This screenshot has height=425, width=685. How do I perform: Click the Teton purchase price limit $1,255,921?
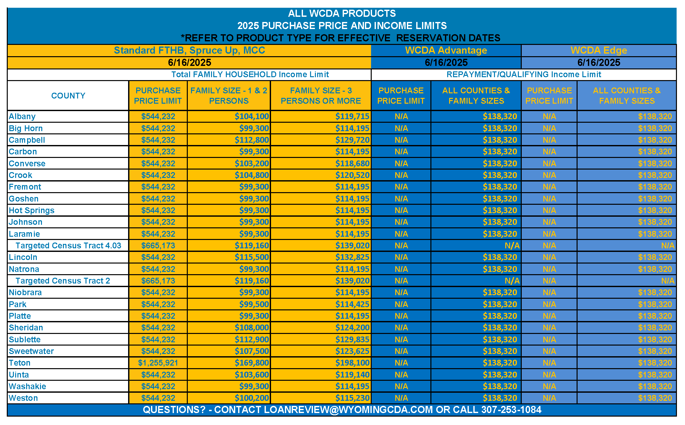click(158, 363)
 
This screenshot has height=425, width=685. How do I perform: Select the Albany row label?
click(22, 116)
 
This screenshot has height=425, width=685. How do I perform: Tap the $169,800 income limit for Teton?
click(252, 363)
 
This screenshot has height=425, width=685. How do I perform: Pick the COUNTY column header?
click(68, 96)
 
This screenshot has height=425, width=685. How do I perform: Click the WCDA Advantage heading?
click(446, 50)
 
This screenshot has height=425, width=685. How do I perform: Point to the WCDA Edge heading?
click(599, 50)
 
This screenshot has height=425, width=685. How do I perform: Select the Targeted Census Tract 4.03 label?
click(68, 245)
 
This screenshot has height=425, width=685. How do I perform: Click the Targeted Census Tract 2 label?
click(63, 281)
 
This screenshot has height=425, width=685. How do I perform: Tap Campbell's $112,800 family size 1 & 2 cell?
click(252, 140)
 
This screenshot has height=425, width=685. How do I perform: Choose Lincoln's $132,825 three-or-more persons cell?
click(352, 257)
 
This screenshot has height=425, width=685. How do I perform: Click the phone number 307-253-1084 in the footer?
click(511, 409)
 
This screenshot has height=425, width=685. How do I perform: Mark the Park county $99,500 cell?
click(254, 304)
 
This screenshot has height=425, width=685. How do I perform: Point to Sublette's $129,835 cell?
click(352, 339)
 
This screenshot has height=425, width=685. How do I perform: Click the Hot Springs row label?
click(32, 210)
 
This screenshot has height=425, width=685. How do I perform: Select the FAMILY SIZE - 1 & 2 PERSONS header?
click(229, 96)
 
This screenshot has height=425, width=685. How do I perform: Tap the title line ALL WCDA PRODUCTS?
click(342, 13)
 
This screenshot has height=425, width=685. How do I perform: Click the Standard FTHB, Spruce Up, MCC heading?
click(189, 50)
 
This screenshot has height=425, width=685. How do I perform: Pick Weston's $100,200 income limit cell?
click(252, 398)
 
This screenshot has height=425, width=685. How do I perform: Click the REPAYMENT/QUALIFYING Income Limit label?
click(524, 74)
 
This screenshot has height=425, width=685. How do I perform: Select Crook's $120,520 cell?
click(352, 175)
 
